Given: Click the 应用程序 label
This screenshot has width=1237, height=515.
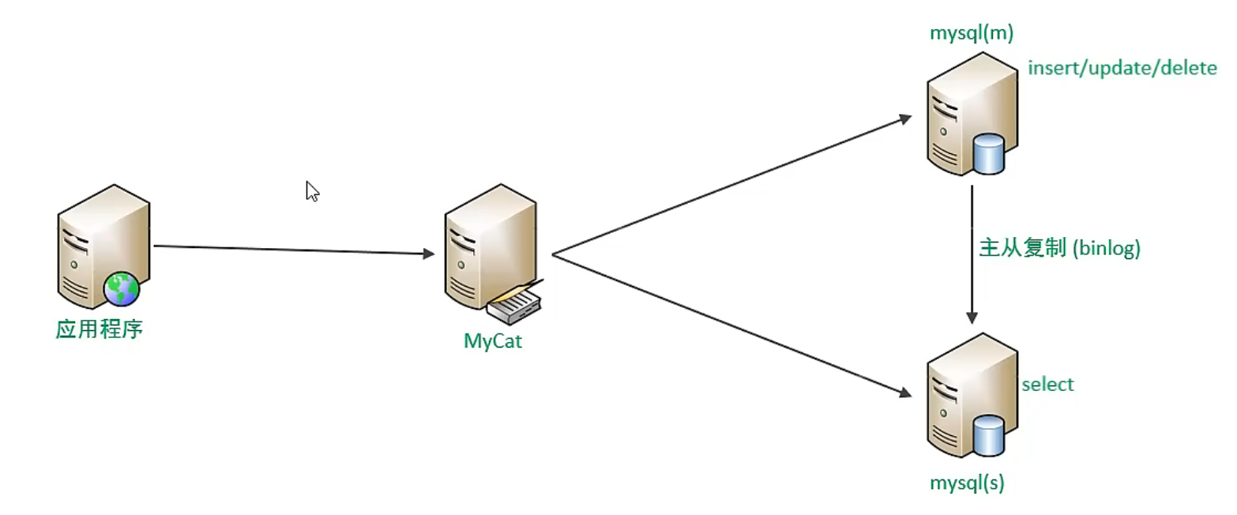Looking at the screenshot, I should pos(99,329).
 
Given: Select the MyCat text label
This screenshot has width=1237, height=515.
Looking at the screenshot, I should pos(493,342).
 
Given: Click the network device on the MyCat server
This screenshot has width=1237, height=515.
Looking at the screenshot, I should pos(514,305).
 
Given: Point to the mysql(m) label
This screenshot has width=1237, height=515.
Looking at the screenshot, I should pos(972,33).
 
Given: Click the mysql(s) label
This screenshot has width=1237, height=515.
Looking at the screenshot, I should pos(966,483).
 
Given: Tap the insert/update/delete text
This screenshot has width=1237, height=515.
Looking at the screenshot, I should pos(1122,69).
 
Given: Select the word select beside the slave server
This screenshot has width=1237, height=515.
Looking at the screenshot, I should pos(1047,385).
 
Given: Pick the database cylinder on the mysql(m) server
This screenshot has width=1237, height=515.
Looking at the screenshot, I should pos(989,154).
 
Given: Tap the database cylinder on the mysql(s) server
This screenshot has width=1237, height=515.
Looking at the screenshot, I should pos(989,435).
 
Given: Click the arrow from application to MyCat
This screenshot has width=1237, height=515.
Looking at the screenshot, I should pos(292,250).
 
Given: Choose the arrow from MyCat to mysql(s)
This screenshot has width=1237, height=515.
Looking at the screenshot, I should pos(727,324).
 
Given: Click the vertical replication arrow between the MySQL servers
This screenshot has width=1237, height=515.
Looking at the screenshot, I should pos(972,253).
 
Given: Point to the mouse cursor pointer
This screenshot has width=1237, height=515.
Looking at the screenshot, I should pos(312,191).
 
